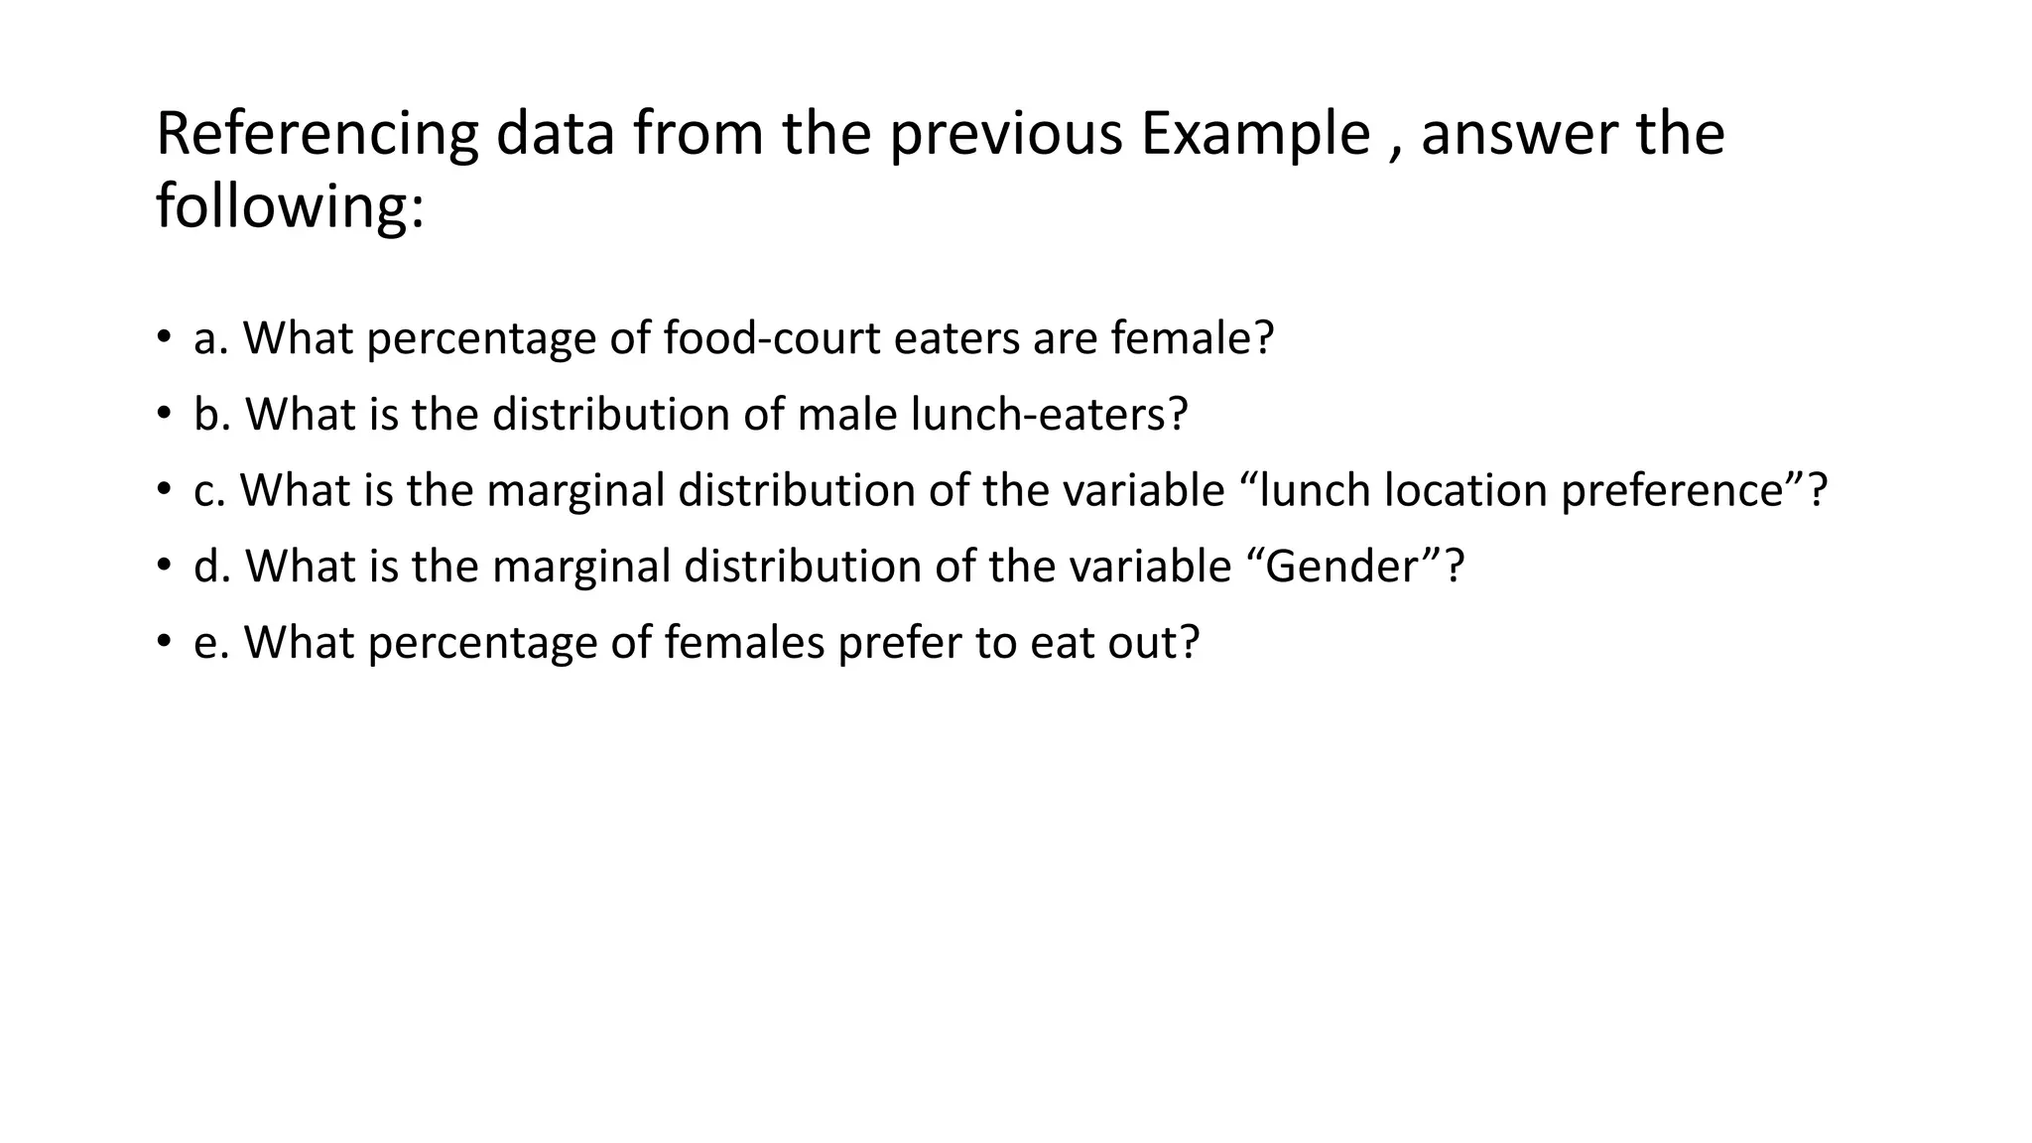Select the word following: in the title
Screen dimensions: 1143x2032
click(290, 207)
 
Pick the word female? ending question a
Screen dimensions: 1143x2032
click(1192, 338)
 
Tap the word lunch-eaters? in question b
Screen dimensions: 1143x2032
click(1049, 415)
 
